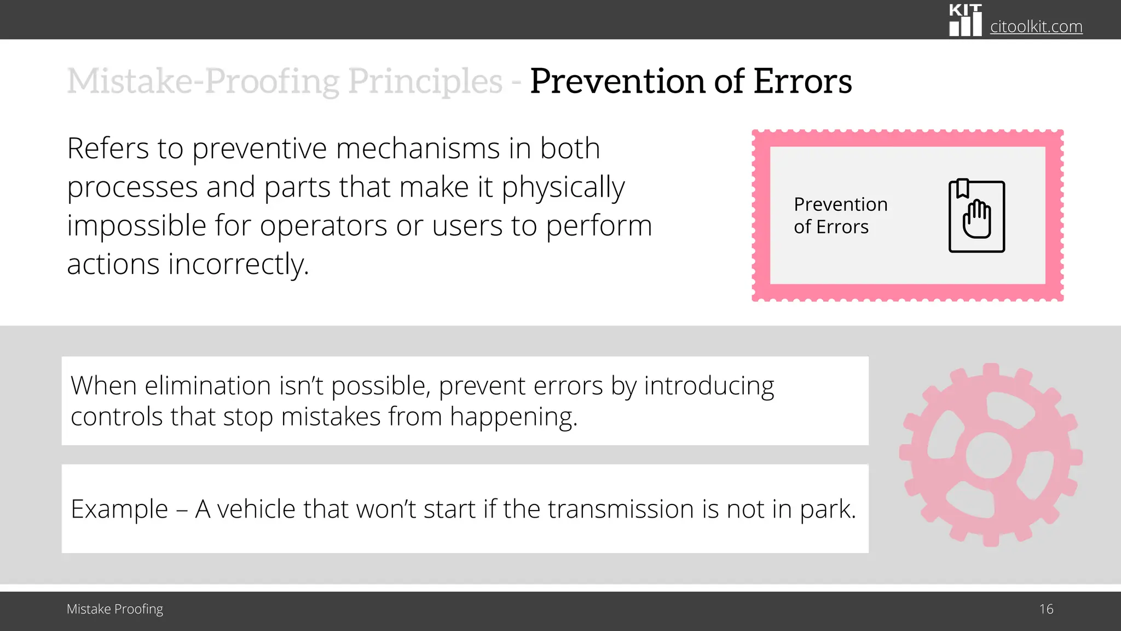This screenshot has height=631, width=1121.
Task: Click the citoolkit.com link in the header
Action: pyautogui.click(x=1036, y=26)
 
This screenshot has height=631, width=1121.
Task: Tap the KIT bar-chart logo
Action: pyautogui.click(x=965, y=21)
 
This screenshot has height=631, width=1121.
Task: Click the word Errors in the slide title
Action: pyautogui.click(x=802, y=81)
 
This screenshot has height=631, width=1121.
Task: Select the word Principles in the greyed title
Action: pyautogui.click(x=425, y=81)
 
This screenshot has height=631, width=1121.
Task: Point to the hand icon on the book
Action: pyautogui.click(x=977, y=220)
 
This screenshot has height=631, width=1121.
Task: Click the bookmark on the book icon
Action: pyautogui.click(x=962, y=188)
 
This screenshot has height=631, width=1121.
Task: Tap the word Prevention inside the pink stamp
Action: pyautogui.click(x=840, y=204)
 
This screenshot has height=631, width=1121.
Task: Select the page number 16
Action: pyautogui.click(x=1046, y=609)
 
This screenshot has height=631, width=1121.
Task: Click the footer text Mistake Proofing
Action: pyautogui.click(x=115, y=609)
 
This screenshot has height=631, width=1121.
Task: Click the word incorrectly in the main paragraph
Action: pyautogui.click(x=239, y=264)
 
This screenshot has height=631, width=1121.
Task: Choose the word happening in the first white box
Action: pyautogui.click(x=513, y=417)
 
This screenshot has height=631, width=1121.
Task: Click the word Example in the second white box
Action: pyautogui.click(x=119, y=509)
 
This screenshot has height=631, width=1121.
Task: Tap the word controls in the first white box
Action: pyautogui.click(x=117, y=417)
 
